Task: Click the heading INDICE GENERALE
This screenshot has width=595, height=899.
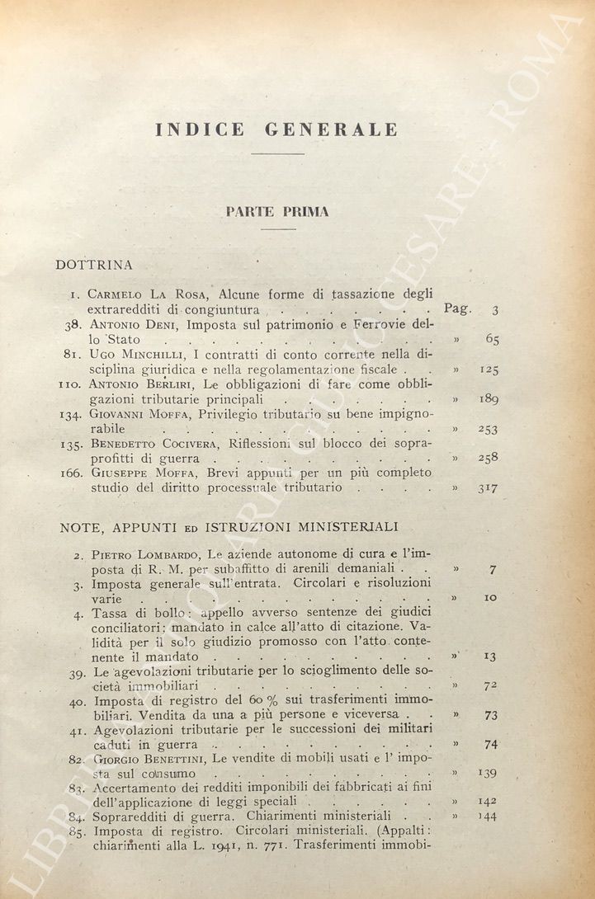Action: click(x=276, y=130)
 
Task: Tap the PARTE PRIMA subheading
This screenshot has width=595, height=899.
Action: click(x=276, y=212)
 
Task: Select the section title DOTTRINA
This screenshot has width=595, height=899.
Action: click(x=94, y=265)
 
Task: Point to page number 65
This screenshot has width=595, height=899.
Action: click(x=492, y=339)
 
